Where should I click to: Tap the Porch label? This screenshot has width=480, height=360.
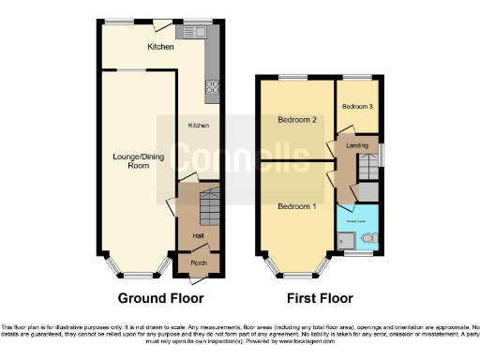coord(199,263)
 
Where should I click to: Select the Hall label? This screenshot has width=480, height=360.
coord(199,235)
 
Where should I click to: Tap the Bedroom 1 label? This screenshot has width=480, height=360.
coord(295,205)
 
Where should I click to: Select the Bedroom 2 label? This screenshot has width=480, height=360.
coord(295,120)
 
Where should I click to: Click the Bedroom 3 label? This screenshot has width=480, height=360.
coord(357,107)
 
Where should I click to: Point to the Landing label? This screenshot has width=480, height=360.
coord(356,145)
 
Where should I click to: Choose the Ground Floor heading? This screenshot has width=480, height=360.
coord(160,299)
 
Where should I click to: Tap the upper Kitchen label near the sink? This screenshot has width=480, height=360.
coord(160,46)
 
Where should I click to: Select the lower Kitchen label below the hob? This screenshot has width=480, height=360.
coord(198,125)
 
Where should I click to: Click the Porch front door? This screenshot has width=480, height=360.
coord(199,274)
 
